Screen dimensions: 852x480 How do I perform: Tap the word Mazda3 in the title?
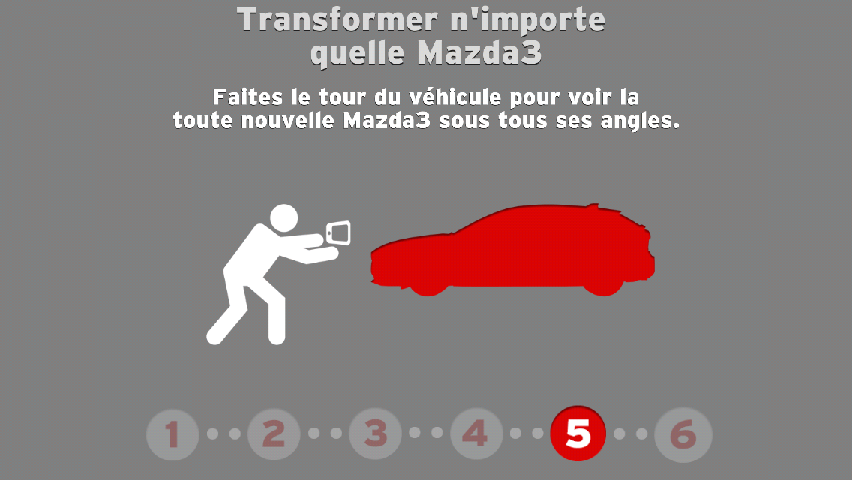479,52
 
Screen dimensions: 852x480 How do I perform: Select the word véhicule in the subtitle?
454,97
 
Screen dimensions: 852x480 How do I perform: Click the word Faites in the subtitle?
247,97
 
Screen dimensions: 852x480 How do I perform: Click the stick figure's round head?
283,218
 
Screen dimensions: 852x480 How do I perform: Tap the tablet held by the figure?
338,232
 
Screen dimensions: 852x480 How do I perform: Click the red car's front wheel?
428,286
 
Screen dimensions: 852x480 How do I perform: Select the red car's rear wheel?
604,286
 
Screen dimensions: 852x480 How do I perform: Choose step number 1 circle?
172,434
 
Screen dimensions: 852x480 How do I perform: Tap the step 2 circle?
274,434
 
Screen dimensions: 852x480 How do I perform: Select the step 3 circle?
376,433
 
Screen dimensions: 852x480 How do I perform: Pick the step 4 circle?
476,433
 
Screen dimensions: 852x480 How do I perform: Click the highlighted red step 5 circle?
577,433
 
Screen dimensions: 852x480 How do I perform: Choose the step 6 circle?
683,434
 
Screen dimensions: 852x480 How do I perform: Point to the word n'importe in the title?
527,21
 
